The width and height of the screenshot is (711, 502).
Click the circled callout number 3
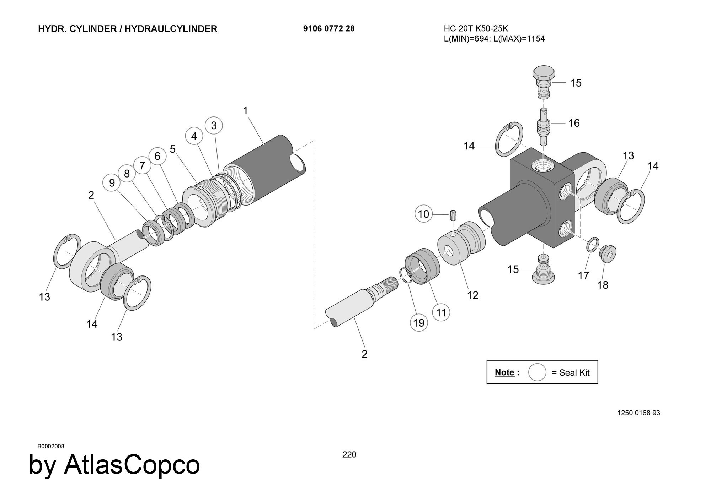click(214, 125)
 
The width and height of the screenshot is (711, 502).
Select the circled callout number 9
click(112, 183)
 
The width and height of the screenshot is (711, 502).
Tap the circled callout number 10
click(424, 214)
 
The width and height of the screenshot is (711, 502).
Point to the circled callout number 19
click(419, 323)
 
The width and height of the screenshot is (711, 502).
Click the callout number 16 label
click(574, 123)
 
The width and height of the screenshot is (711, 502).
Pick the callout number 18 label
click(603, 285)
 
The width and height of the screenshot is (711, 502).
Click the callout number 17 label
click(583, 275)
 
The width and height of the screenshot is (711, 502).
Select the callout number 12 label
click(472, 295)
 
